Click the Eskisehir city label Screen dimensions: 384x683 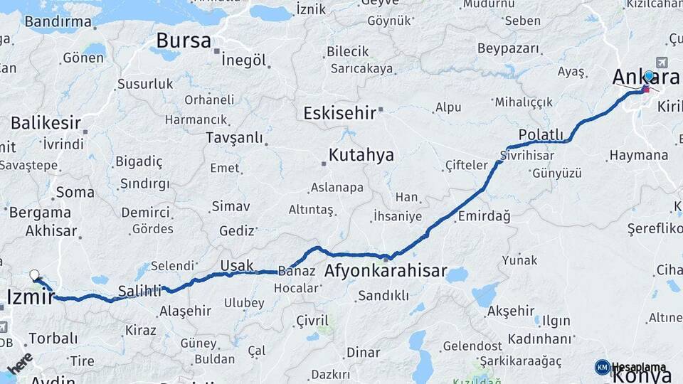coord(339,113)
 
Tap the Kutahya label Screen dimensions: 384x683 coord(361,156)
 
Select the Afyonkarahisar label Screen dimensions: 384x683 coord(386,271)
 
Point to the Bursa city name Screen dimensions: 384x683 coord(184,40)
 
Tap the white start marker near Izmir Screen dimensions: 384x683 coord(34,274)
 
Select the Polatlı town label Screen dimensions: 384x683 coord(541,135)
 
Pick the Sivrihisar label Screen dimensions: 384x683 coord(526,155)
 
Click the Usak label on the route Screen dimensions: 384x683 coord(237,265)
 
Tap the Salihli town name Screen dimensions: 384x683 coord(139,289)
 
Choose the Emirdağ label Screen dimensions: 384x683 coord(485,216)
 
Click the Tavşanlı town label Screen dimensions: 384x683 coord(234,137)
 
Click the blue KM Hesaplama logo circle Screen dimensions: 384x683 coord(602,367)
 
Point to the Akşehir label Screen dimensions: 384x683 coord(511,311)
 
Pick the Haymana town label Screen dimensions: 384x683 coord(639,155)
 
